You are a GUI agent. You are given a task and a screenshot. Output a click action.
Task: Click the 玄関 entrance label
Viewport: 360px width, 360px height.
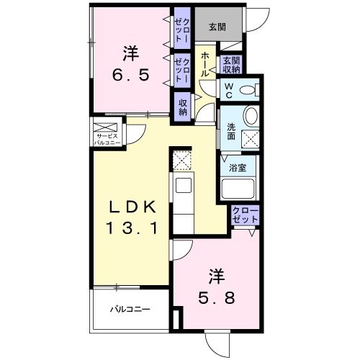(x=217, y=27)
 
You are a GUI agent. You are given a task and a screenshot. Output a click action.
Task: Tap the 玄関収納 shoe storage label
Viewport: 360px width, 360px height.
(x=231, y=65)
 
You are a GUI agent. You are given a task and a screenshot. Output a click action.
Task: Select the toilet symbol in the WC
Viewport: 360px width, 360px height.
(x=251, y=90)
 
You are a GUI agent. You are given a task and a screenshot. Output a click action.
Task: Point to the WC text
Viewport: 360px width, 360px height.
(x=229, y=90)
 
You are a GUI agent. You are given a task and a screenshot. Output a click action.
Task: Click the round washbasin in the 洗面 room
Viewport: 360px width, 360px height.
(x=251, y=116)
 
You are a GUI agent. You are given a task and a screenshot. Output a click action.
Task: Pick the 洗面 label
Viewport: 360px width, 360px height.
(x=231, y=132)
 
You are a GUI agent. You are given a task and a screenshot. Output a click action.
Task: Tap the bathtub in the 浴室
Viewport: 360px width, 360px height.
(x=238, y=189)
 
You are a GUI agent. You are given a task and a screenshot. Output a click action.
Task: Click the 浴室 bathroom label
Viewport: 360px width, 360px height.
(x=238, y=168)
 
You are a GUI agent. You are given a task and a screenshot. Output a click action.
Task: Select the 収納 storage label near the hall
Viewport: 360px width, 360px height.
(x=183, y=107)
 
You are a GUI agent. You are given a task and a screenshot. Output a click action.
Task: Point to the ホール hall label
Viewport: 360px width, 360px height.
(x=205, y=64)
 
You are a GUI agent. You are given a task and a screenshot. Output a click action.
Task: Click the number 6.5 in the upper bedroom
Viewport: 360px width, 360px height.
(x=131, y=75)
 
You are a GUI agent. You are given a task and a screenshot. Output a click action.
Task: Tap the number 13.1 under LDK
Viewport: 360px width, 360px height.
(x=132, y=228)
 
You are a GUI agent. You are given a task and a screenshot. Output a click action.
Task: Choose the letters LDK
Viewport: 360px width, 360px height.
(x=132, y=207)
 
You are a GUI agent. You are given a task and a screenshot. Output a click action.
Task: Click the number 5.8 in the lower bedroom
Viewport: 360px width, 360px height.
(x=216, y=298)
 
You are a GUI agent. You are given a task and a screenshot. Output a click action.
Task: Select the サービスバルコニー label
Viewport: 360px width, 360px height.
(x=107, y=140)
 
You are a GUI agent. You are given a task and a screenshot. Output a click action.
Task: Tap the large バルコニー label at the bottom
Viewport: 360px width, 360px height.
(x=130, y=309)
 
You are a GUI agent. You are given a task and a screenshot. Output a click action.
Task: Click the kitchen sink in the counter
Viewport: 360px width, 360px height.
(x=184, y=185)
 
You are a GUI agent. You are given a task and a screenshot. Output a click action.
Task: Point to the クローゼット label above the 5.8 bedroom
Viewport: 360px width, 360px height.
(x=245, y=215)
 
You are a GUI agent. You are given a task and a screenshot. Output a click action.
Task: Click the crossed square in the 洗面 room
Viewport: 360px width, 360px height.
(x=251, y=140)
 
